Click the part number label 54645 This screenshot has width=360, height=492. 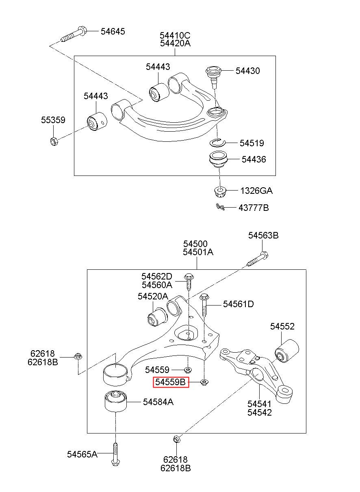click(x=113, y=31)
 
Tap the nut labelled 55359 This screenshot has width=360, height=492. click(x=53, y=141)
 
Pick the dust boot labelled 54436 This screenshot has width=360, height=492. click(x=219, y=159)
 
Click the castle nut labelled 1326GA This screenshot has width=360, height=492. click(x=220, y=191)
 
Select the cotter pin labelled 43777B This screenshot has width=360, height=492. click(x=221, y=207)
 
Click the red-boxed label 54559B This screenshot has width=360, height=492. click(x=171, y=382)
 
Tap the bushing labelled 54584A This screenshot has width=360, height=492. click(x=114, y=401)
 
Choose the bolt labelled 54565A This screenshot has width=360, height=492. click(x=115, y=454)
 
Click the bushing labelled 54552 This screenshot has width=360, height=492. click(x=286, y=350)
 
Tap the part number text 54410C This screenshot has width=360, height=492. click(x=175, y=35)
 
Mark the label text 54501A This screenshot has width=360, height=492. click(x=198, y=252)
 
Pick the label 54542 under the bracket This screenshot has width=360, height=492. click(x=260, y=412)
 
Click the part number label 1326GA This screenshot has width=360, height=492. click(x=256, y=191)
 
